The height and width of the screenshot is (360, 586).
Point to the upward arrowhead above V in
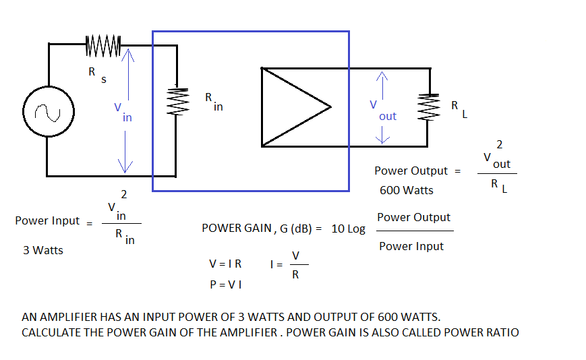pos(126,59)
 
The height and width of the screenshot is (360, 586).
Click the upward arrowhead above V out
pos(383,78)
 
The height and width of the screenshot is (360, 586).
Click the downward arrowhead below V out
pos(383,138)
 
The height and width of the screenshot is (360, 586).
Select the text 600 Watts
pos(407,191)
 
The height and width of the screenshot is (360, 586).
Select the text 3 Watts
pos(43,250)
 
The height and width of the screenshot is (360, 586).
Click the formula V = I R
pos(225,264)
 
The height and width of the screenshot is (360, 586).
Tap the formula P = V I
pos(226,284)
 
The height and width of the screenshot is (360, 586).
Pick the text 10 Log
pos(349,229)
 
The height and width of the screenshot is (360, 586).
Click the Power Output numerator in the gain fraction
pos(413,217)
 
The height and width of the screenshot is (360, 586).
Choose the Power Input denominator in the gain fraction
pos(411,246)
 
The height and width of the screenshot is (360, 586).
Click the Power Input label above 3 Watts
pos(47,220)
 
